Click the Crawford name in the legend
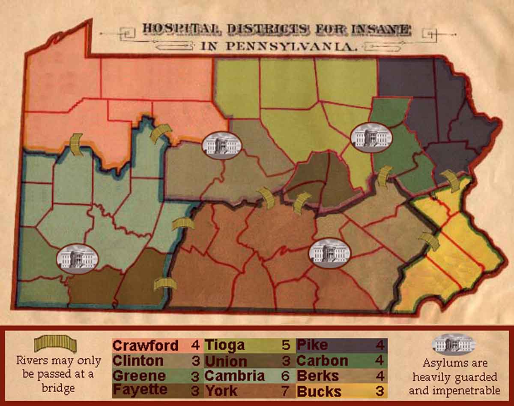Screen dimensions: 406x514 (146, 345)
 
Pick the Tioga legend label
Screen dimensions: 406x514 (224, 345)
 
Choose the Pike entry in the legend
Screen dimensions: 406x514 (312, 345)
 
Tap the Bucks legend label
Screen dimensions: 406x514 (319, 391)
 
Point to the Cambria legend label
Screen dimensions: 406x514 (234, 376)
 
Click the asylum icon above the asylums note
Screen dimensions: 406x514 (453, 344)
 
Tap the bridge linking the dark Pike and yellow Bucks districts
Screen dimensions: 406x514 (451, 181)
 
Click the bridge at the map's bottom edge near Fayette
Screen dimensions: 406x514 (165, 284)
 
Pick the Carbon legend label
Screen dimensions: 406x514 (323, 361)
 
